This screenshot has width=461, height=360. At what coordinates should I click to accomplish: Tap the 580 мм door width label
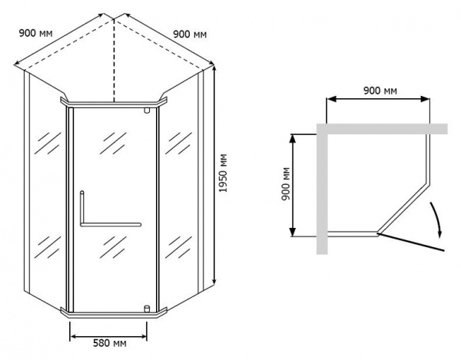[x=108, y=343]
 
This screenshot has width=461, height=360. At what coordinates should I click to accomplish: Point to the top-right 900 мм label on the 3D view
[x=190, y=33]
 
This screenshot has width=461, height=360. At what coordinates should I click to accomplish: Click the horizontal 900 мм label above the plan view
[x=379, y=91]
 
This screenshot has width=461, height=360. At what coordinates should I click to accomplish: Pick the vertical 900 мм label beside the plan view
[x=285, y=185]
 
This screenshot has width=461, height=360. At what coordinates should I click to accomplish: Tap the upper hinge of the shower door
[x=146, y=111]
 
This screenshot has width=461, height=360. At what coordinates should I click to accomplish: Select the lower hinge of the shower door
[x=146, y=309]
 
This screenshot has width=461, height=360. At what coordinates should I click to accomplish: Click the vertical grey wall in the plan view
[x=322, y=192]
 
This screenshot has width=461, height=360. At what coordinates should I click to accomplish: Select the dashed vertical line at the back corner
[x=114, y=61]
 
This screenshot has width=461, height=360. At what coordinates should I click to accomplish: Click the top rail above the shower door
[x=113, y=102]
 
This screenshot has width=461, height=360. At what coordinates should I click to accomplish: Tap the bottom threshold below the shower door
[x=113, y=313]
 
